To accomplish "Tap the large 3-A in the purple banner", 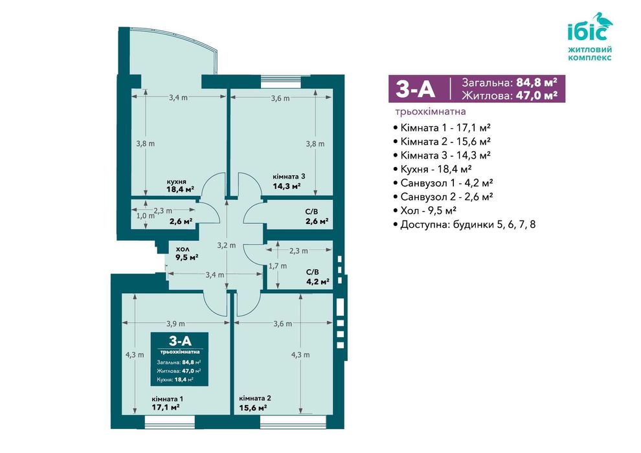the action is coord(415,89).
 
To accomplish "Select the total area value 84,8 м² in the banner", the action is coord(537,82).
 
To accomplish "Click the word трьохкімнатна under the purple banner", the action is coord(431,111).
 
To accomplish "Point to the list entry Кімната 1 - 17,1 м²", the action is coord(442,127).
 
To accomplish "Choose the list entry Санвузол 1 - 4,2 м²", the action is coord(443,183).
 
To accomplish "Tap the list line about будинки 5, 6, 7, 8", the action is coord(464,225).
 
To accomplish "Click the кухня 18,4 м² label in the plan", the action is coord(180,186).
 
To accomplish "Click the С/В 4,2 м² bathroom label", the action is coord(318,276).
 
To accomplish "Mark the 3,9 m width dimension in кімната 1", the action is coord(175,323).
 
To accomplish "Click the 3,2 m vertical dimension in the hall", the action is coord(227,245).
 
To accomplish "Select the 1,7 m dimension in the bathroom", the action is coord(278,265).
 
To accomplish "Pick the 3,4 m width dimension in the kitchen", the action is coord(178,97).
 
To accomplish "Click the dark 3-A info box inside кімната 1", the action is coord(179,359).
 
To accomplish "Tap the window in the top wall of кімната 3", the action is coord(281,82).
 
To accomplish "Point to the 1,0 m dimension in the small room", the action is coord(146,215).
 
